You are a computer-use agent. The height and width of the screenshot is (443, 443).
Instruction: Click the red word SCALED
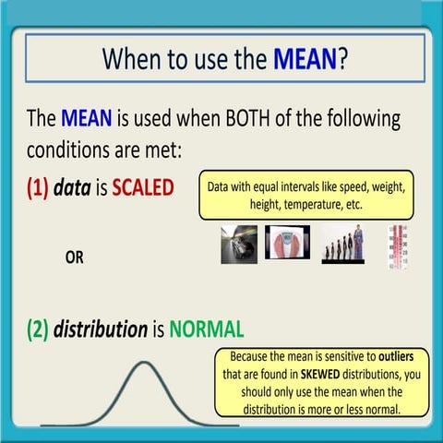[x=142, y=187]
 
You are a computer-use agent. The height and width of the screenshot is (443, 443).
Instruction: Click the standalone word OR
[x=74, y=257]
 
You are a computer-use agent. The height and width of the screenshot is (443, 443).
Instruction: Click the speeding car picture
[x=232, y=245]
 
